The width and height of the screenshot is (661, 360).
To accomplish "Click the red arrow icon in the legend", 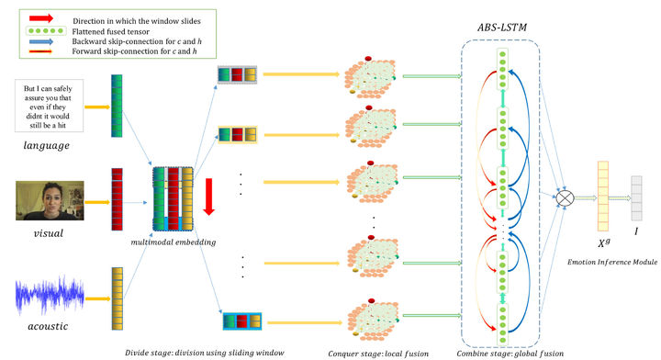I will (38, 17).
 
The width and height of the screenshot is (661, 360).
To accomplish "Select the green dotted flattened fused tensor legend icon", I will (38, 31).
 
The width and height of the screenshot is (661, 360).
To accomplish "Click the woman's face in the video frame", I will (44, 195).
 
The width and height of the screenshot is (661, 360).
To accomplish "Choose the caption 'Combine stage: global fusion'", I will (500, 351).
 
